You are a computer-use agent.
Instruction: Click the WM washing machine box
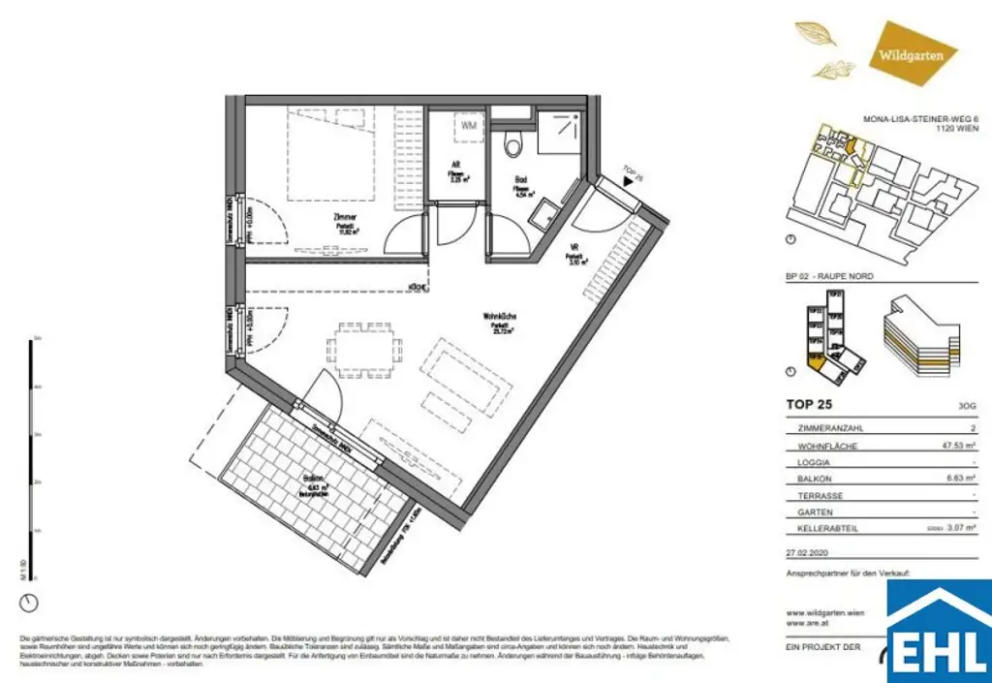coord(469,125)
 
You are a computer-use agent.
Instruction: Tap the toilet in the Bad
coord(514,144)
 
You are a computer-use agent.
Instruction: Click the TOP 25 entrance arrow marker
coord(630,179)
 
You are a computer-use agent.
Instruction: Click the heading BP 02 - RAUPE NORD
coord(829,276)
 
